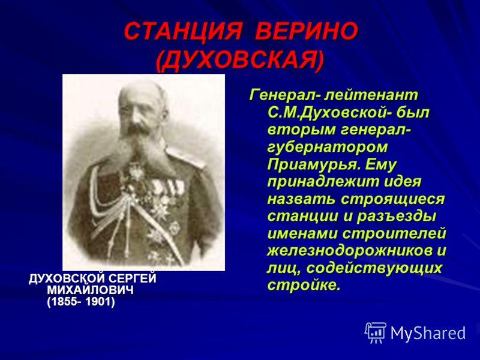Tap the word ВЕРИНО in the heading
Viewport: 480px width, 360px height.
coord(307,31)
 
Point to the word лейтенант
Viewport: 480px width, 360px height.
coord(371,95)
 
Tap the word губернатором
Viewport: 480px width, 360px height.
coord(328,148)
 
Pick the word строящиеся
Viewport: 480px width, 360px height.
coord(392,200)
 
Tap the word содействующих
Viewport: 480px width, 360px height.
coord(374,268)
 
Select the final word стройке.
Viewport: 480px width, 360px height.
coord(304,286)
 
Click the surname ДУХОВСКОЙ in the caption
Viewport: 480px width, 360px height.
coord(67,278)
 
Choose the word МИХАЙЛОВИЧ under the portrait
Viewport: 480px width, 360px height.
coord(91,290)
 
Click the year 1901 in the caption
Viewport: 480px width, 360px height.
coord(100,302)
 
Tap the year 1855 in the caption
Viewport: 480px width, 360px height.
coord(64,302)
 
